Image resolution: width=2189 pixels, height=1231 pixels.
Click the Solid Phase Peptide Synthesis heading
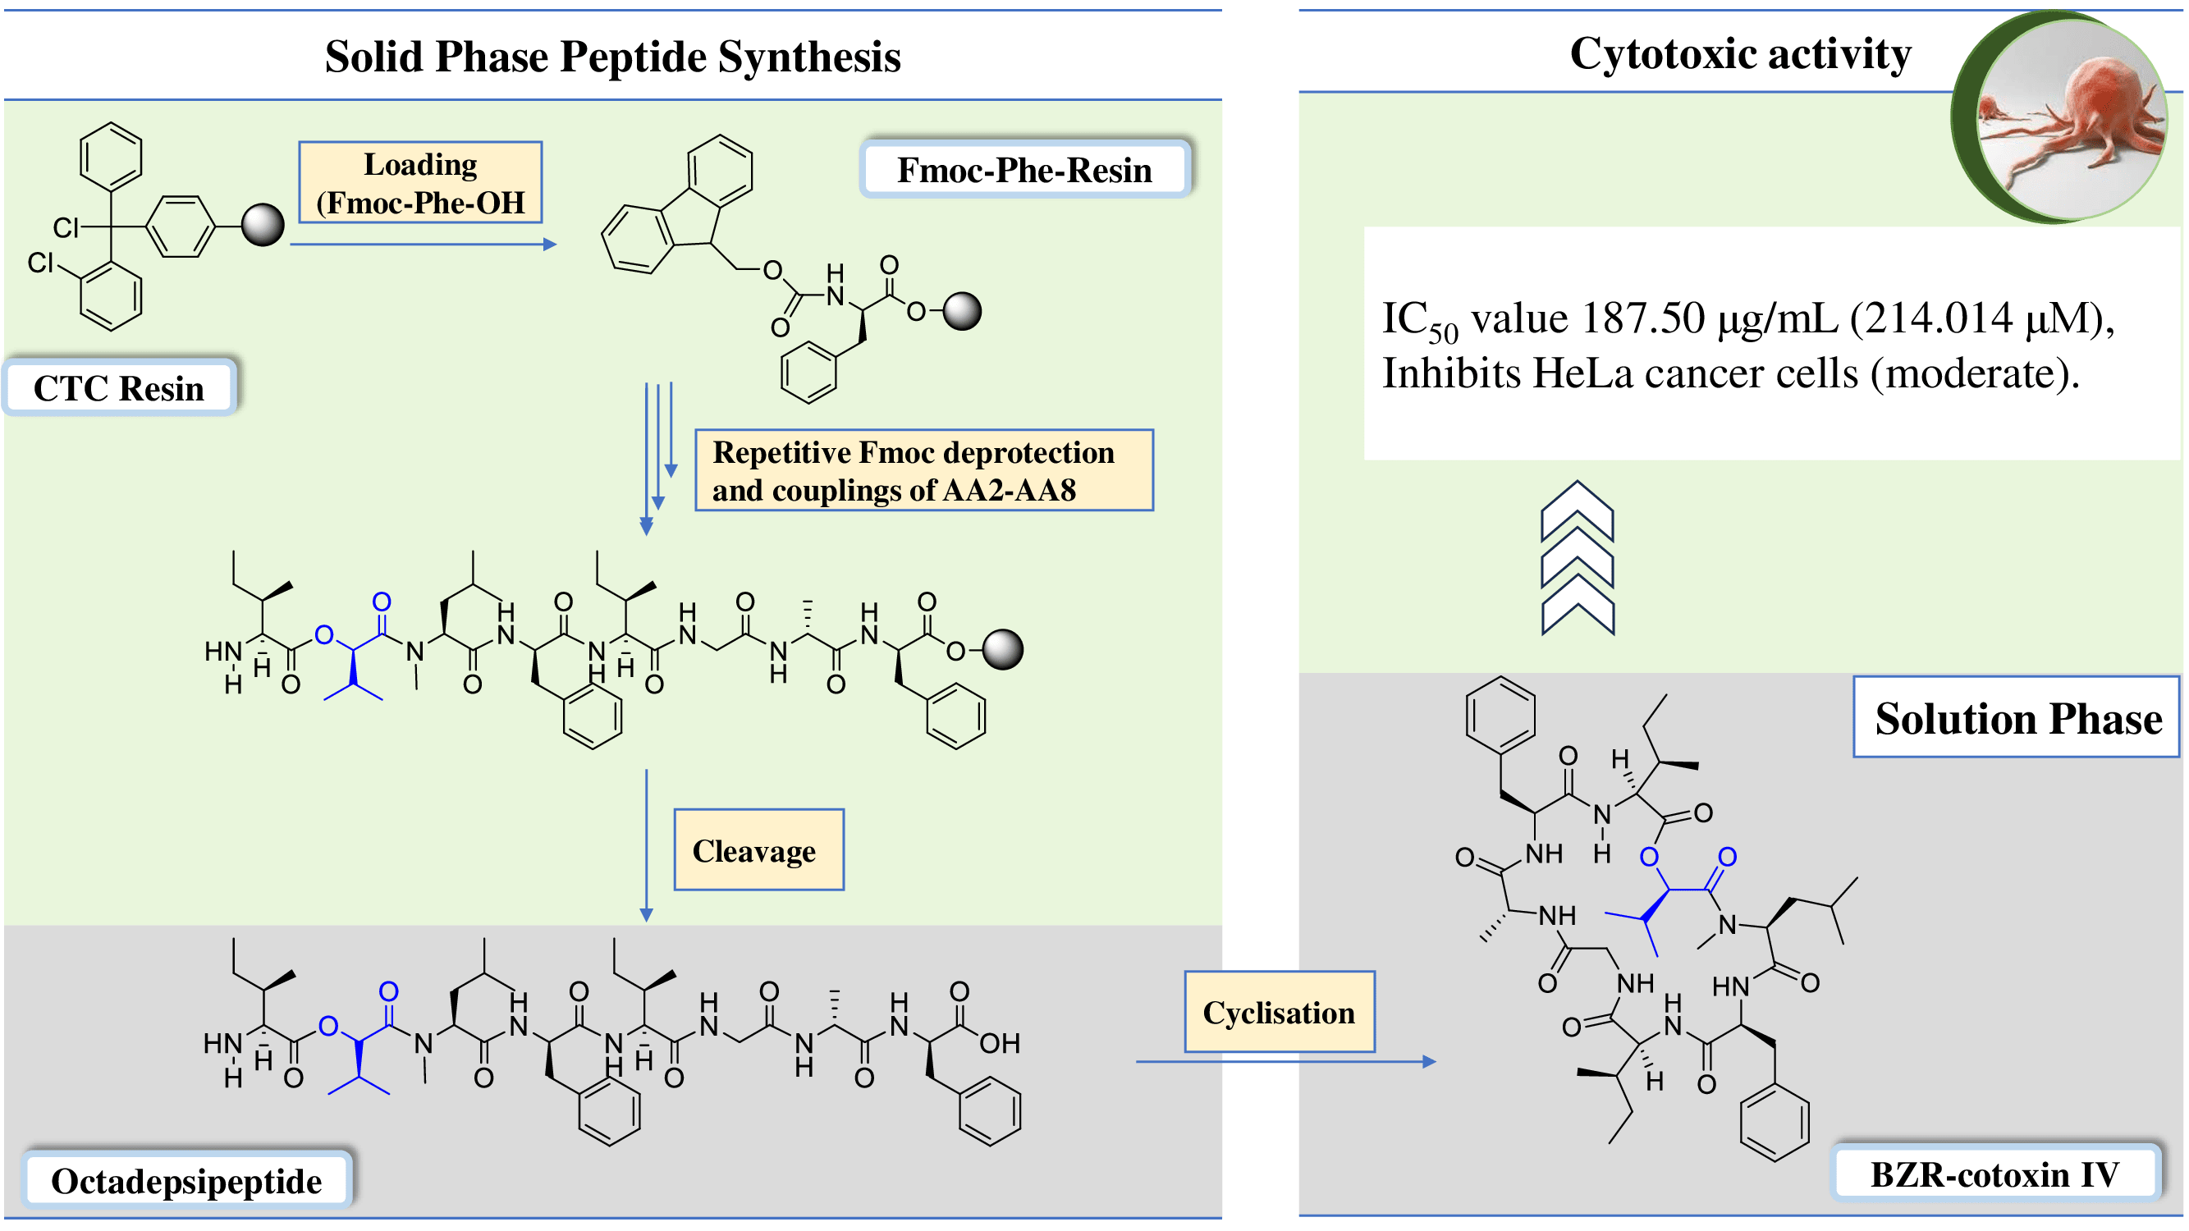point(611,57)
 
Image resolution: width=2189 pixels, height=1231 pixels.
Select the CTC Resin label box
point(119,388)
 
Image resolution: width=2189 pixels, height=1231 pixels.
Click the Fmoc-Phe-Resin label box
point(1024,170)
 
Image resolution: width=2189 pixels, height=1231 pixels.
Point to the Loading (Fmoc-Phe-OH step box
point(419,183)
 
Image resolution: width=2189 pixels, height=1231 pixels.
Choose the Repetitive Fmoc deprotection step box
point(923,469)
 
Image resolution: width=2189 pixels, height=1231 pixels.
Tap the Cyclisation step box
point(1279,1012)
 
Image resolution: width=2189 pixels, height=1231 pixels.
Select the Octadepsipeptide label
point(186,1180)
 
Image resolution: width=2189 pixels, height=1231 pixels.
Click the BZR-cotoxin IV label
point(1994,1174)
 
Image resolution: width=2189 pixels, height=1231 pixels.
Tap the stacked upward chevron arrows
point(1578,558)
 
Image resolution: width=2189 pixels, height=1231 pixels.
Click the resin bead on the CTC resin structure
point(263,225)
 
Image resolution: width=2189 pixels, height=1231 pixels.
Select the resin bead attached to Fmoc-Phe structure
point(962,311)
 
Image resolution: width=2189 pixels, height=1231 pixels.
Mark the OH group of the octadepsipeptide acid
point(1000,1042)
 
